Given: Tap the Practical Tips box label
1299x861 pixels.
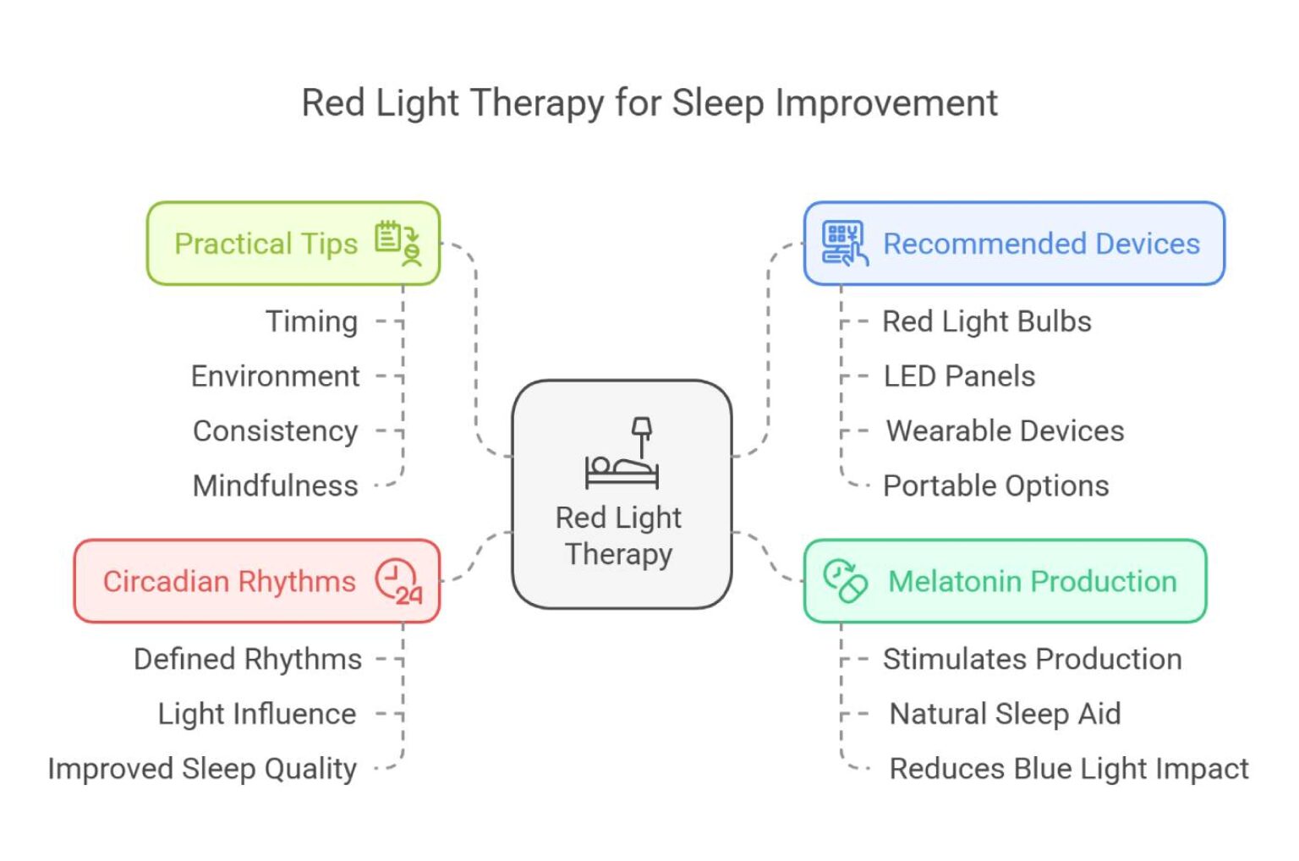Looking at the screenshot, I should pos(266,244).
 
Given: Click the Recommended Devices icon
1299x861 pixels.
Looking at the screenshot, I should pos(844,243).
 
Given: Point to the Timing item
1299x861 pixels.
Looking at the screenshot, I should pos(311,321).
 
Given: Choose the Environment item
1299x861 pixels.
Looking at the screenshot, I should pos(275,376).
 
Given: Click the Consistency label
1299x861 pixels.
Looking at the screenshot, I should pos(275,431).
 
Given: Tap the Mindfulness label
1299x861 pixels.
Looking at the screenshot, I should pos(275,486).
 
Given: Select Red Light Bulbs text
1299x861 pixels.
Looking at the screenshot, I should pos(986,321).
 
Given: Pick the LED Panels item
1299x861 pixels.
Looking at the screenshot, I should pos(959,376).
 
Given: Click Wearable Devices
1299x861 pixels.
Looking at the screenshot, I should pos(1005,431).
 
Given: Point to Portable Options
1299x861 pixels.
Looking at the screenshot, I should pos(995,486).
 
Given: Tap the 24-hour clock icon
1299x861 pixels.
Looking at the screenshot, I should pos(398,581).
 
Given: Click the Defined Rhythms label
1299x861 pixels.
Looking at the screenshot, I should pos(247,659).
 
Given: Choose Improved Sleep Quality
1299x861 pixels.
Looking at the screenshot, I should pos(202,769).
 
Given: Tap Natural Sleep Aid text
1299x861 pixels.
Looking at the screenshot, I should pos(1005,714).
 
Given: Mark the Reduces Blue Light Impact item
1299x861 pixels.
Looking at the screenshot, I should pos(1068,769).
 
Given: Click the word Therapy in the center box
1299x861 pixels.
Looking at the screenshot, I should pos(618,554).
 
